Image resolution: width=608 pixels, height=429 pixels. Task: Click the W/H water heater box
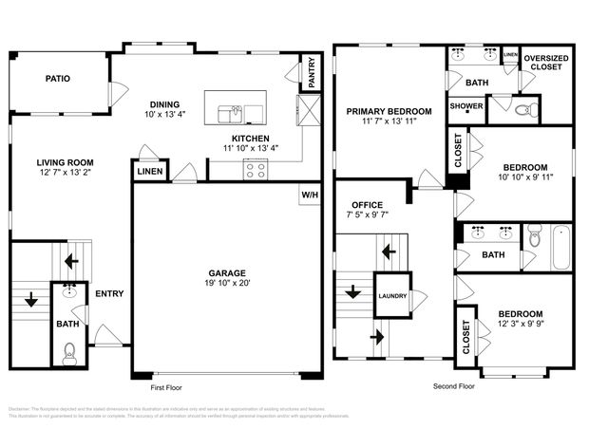point(310,195)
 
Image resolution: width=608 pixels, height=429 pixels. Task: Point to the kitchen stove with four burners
point(256,170)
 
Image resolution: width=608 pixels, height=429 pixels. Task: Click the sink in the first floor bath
point(68,292)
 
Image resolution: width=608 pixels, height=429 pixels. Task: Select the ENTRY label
point(109,293)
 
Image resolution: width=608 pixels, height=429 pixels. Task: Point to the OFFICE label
point(367,204)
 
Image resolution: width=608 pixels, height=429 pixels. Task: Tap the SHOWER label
point(465,106)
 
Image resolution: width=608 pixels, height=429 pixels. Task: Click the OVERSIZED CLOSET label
point(546,62)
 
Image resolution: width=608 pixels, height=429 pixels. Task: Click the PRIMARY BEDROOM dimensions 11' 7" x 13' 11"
point(389,121)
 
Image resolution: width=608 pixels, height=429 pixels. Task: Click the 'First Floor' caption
point(165,387)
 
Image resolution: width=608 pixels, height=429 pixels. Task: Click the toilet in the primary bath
point(523,109)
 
